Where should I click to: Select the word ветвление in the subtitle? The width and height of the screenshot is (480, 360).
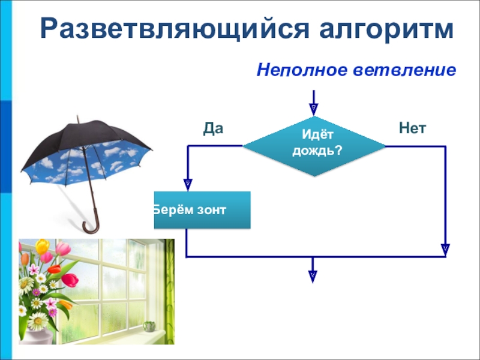pyautogui.click(x=404, y=70)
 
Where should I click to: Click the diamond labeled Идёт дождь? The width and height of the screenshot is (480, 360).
pyautogui.click(x=314, y=146)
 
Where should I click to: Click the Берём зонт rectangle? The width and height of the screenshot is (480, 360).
pyautogui.click(x=202, y=210)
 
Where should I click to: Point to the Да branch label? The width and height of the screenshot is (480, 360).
pyautogui.click(x=213, y=128)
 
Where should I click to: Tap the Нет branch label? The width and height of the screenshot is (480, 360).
pyautogui.click(x=412, y=128)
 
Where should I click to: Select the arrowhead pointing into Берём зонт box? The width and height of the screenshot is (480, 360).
pyautogui.click(x=188, y=185)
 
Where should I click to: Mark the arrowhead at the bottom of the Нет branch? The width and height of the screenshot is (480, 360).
pyautogui.click(x=445, y=250)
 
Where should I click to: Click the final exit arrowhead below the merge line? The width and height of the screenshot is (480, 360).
pyautogui.click(x=313, y=277)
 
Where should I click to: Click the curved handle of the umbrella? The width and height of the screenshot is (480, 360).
pyautogui.click(x=92, y=223)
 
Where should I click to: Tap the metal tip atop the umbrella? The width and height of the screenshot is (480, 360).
pyautogui.click(x=78, y=119)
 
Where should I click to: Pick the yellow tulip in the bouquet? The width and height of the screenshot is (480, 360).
pyautogui.click(x=42, y=247)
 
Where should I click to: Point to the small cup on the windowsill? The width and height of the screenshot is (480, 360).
pyautogui.click(x=149, y=326)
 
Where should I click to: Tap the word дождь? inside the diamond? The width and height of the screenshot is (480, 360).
pyautogui.click(x=317, y=151)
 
